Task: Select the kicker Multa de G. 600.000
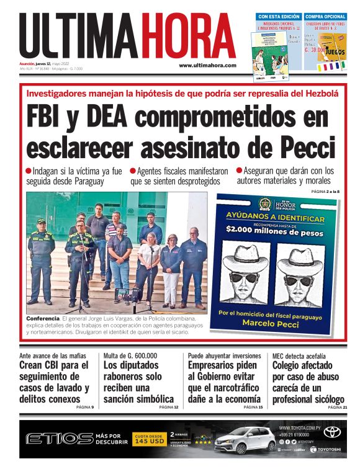coord(130,355)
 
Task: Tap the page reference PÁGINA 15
coord(252,407)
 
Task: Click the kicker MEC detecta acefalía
coord(300,355)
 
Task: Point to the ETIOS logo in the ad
coord(59,439)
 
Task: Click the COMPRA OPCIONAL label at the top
coord(325,16)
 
